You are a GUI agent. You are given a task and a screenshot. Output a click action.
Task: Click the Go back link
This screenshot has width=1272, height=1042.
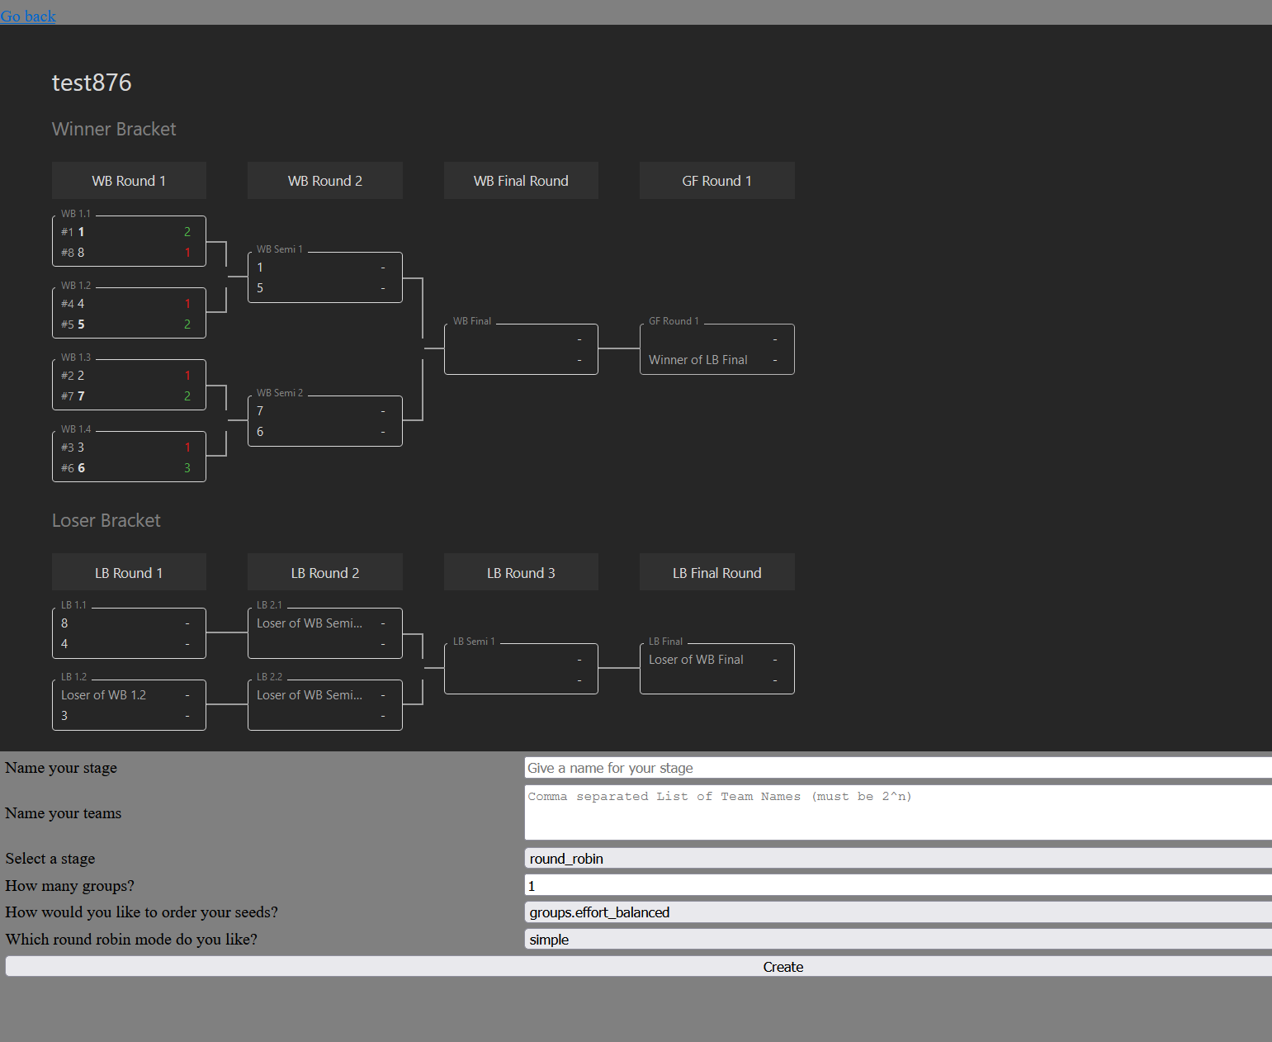click(x=28, y=17)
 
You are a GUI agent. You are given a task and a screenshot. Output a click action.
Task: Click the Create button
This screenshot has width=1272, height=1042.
click(x=783, y=967)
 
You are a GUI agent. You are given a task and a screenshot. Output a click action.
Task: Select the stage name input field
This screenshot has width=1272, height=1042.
click(x=898, y=768)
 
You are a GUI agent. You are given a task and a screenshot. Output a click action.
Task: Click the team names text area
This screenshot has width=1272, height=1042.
click(x=898, y=812)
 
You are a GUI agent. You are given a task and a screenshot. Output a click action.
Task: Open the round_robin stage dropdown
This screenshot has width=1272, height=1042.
click(x=898, y=859)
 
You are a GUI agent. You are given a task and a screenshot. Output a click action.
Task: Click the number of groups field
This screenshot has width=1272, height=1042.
click(x=898, y=886)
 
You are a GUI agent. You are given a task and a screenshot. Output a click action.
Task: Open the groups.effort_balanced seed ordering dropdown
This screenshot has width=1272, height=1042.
click(x=898, y=912)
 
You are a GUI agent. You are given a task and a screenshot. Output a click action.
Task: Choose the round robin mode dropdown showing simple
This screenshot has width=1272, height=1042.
click(x=898, y=940)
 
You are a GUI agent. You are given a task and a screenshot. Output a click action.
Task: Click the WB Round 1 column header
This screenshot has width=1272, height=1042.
click(x=129, y=181)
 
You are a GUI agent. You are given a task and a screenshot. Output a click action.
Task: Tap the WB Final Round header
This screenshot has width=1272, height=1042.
click(x=521, y=181)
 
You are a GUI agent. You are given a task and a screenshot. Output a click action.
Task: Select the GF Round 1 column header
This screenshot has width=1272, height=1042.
click(x=716, y=181)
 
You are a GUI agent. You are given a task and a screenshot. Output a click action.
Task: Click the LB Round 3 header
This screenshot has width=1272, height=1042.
click(x=521, y=573)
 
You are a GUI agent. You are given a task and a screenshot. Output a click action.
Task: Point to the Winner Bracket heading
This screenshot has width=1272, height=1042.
click(x=114, y=129)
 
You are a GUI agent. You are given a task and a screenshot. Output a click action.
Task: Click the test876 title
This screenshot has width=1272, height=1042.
click(x=92, y=83)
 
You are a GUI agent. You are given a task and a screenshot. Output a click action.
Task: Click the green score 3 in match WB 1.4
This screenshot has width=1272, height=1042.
click(x=187, y=468)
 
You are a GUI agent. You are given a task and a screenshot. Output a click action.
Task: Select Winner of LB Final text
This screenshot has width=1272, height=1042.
click(x=698, y=360)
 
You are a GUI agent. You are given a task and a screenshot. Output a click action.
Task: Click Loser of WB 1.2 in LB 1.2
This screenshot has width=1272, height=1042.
click(x=103, y=695)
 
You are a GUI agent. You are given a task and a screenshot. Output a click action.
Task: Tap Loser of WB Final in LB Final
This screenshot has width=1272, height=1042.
click(x=696, y=660)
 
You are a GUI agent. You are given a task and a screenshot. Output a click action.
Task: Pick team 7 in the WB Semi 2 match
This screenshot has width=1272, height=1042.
click(x=260, y=411)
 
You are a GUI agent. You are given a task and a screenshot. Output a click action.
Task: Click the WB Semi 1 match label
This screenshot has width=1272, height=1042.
click(x=280, y=249)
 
